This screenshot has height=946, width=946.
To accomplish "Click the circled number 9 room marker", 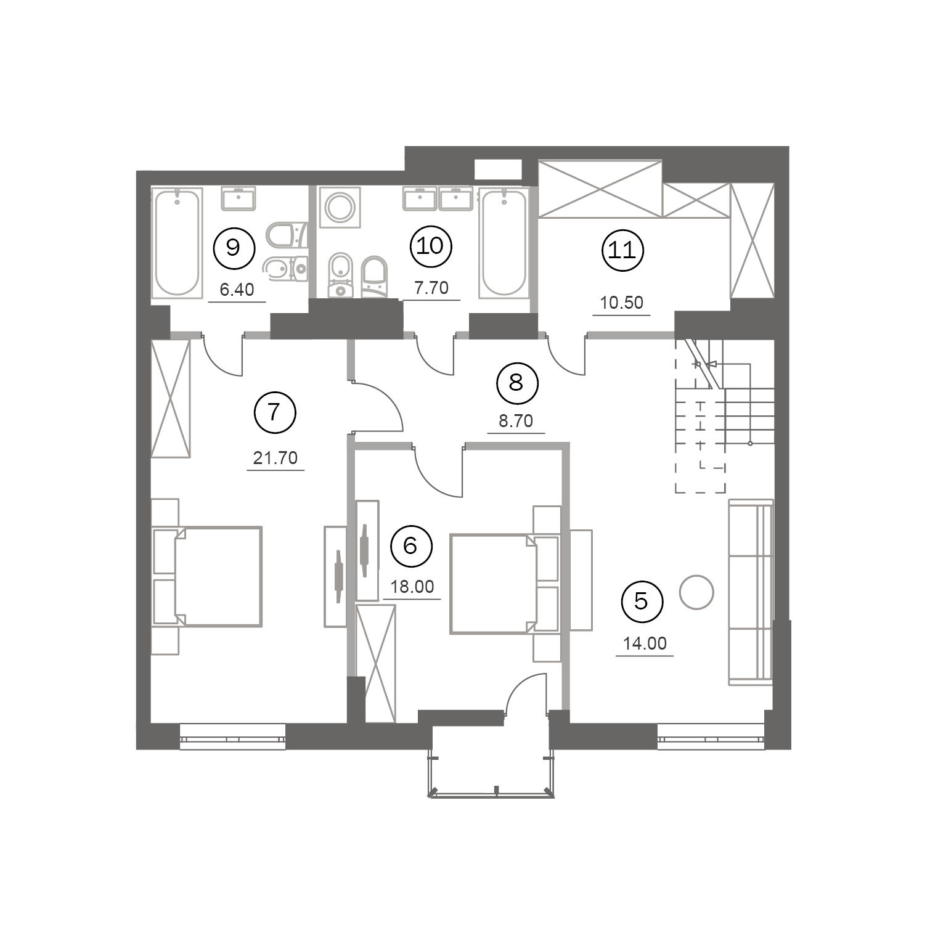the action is pyautogui.click(x=233, y=248).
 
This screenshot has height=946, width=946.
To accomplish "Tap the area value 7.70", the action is pyautogui.click(x=431, y=287).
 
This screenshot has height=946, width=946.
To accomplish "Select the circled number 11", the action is pyautogui.click(x=622, y=250).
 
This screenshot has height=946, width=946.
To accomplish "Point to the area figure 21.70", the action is pyautogui.click(x=275, y=458).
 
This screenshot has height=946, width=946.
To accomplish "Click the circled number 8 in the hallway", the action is pyautogui.click(x=516, y=383).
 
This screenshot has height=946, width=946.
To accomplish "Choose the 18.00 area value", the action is pyautogui.click(x=412, y=587).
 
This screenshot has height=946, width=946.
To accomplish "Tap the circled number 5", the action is pyautogui.click(x=642, y=601).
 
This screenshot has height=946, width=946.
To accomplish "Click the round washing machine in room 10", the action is pyautogui.click(x=339, y=207).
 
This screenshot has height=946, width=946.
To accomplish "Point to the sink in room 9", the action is pyautogui.click(x=238, y=199).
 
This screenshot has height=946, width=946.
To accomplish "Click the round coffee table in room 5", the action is pyautogui.click(x=696, y=592).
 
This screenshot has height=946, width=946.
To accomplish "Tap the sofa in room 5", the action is pyautogui.click(x=751, y=592).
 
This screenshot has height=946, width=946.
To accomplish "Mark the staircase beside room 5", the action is pyautogui.click(x=725, y=416).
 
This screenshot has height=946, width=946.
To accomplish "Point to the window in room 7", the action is pyautogui.click(x=233, y=737).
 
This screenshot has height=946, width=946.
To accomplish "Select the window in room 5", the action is pyautogui.click(x=711, y=737).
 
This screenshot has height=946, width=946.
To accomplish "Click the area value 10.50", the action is pyautogui.click(x=622, y=303).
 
